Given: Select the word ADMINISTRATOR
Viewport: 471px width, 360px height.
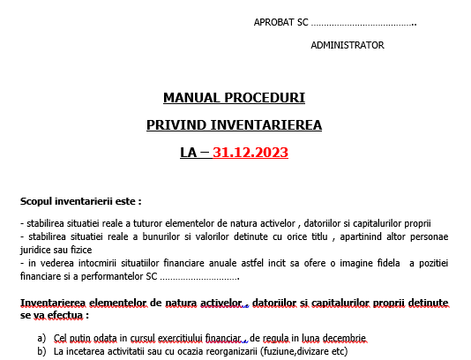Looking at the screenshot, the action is (348, 44).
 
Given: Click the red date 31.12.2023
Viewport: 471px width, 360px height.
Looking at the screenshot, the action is (250, 152).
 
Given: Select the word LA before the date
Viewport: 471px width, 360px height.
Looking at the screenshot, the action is (188, 152).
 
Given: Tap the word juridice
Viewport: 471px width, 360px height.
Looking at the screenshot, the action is (37, 250).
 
